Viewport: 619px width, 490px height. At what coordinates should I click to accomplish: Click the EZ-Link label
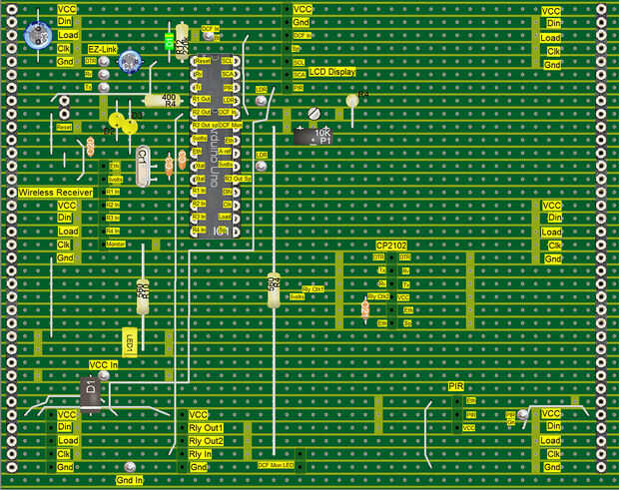point(103,48)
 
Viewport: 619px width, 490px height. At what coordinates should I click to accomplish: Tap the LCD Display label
point(330,73)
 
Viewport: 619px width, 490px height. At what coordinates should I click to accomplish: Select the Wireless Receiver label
point(55,192)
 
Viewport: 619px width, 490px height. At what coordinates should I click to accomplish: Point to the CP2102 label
point(390,245)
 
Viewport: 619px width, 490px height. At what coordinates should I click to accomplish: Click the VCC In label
point(103,364)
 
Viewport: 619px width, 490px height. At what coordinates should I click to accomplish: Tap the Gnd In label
point(130,480)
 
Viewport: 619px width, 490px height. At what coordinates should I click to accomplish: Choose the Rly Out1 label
point(206,427)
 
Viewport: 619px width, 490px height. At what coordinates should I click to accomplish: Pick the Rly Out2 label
point(206,440)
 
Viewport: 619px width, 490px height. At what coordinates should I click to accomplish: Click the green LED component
point(169,42)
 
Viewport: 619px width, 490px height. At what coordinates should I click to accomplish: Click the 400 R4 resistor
point(161,100)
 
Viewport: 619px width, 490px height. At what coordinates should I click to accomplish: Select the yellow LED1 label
point(129,341)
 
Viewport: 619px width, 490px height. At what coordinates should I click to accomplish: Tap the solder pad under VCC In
point(104,376)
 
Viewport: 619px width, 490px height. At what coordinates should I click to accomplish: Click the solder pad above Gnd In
point(130,467)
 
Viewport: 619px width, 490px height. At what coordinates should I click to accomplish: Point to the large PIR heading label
point(456,386)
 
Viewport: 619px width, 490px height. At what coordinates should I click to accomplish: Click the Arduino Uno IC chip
point(214,145)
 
